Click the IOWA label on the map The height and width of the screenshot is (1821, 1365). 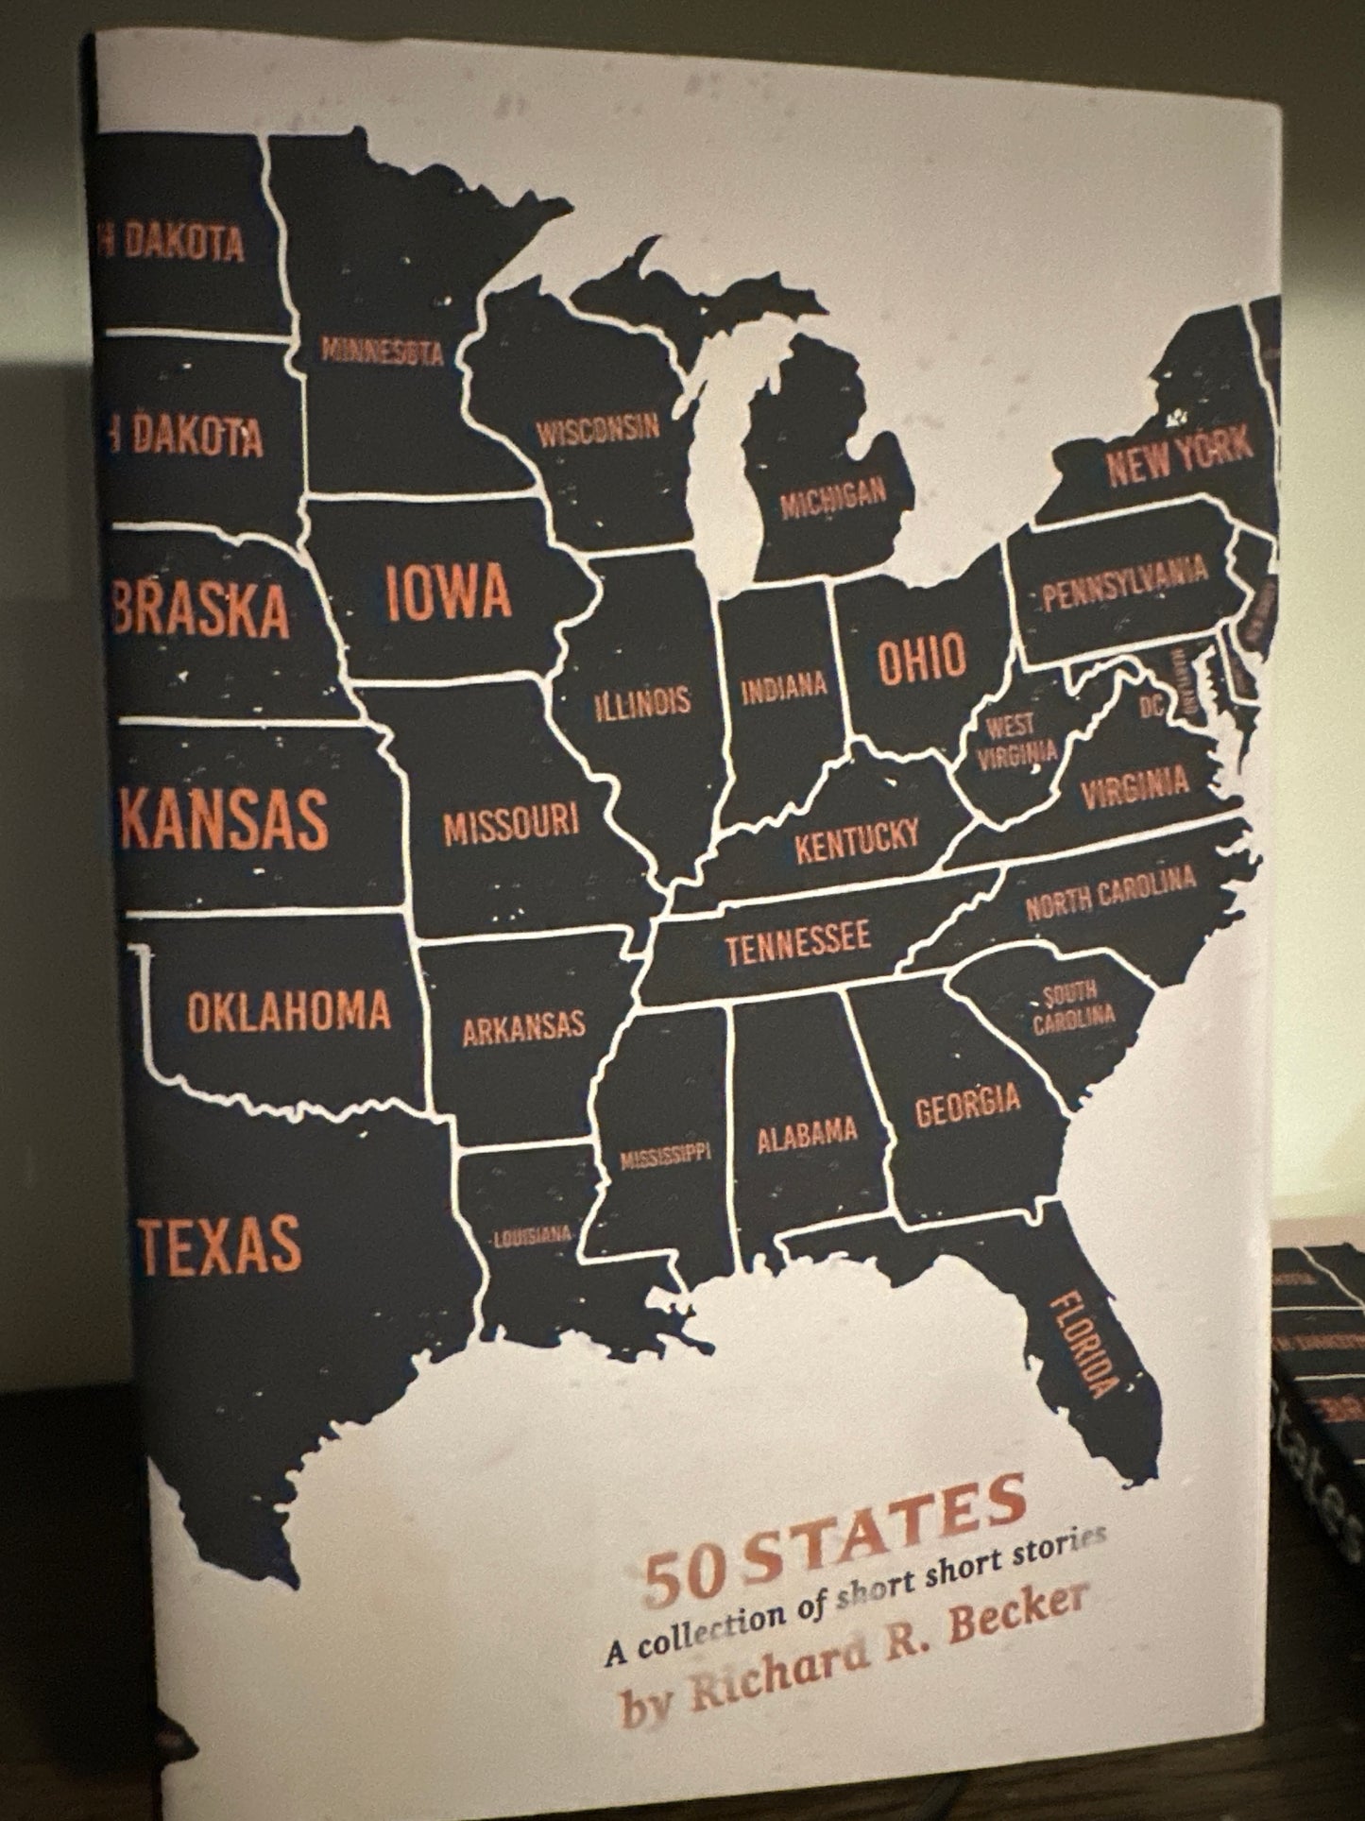click(x=449, y=593)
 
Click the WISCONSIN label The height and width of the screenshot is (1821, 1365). click(x=598, y=430)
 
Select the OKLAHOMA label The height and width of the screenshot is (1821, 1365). click(x=288, y=1011)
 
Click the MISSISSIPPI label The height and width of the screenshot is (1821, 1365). click(x=664, y=1157)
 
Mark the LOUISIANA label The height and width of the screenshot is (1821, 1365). click(x=533, y=1235)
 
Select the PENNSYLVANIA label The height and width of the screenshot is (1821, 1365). click(x=1124, y=583)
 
